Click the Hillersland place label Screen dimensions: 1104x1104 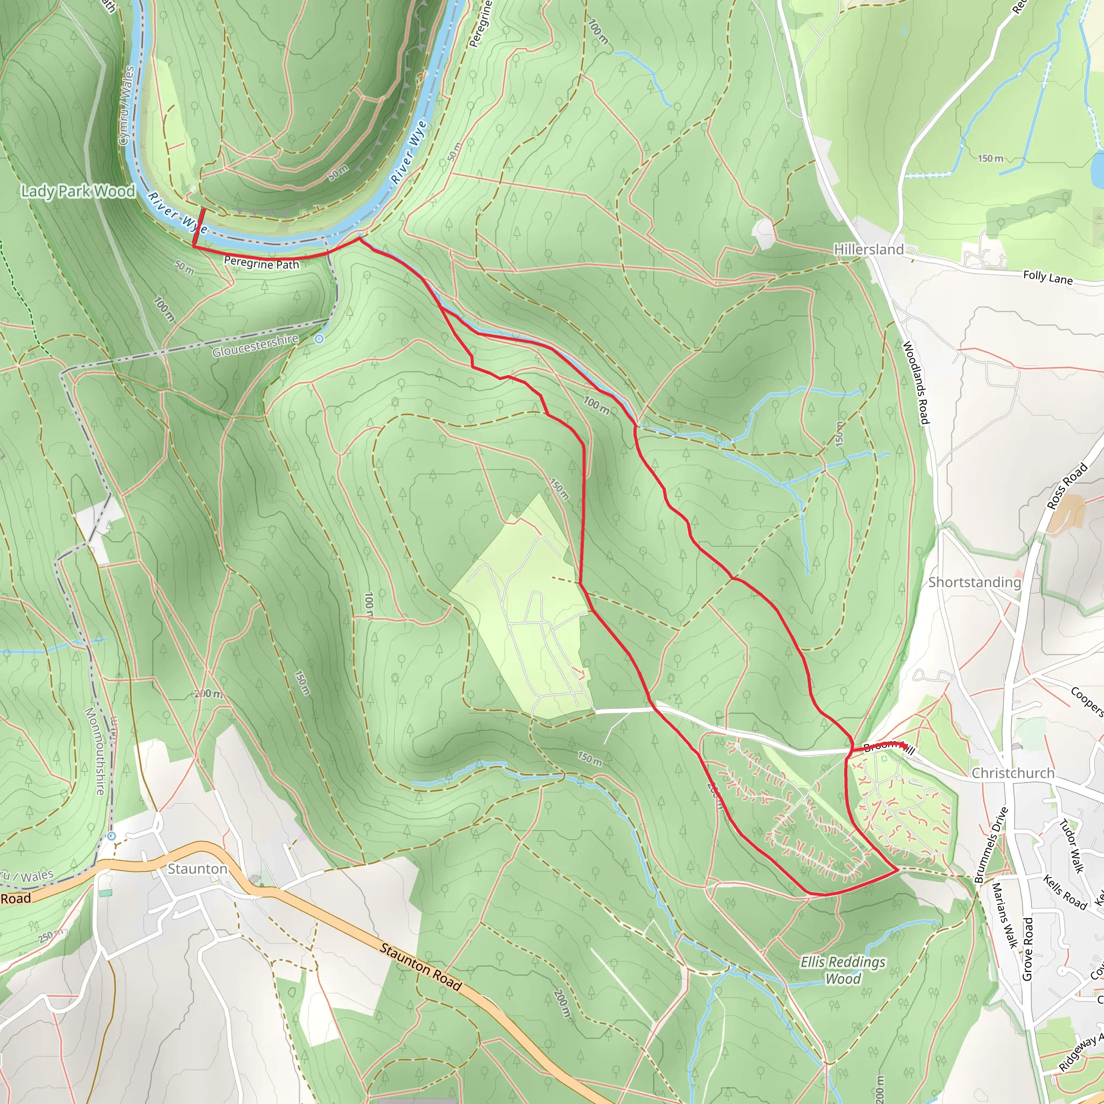coord(868,249)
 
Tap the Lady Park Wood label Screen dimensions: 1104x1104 coord(78,191)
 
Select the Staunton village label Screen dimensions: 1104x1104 coord(197,869)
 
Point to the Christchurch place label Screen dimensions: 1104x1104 coord(1012,773)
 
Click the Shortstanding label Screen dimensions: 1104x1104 coord(974,582)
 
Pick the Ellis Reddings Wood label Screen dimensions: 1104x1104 coord(843,970)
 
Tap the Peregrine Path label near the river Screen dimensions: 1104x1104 coord(261,264)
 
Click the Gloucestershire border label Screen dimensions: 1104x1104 coord(256,346)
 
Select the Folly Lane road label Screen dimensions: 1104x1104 coord(1047,278)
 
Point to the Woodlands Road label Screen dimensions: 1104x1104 coord(915,383)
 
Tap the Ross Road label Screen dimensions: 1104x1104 coord(1067,486)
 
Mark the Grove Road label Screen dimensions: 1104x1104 coord(1027,949)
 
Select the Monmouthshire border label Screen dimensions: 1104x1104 coord(95,751)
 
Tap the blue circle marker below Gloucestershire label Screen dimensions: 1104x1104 coord(320,340)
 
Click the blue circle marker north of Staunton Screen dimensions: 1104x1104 coord(112,836)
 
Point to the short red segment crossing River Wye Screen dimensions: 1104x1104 coord(199,226)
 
